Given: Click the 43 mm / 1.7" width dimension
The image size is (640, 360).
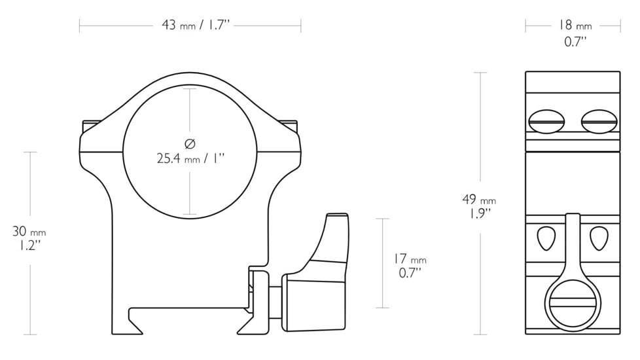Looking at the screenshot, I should point(196,26).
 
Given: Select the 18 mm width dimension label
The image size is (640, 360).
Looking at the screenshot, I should point(575,26).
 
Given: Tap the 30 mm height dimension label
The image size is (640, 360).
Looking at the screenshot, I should point(29,232).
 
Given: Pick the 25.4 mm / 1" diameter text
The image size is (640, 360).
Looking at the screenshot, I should point(190,158).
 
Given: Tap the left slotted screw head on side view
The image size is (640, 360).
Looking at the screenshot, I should point(546,121).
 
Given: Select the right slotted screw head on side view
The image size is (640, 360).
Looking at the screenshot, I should point(598,121).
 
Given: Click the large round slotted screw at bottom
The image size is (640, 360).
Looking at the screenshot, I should point(573,305).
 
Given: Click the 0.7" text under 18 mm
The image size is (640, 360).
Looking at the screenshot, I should point(575,41).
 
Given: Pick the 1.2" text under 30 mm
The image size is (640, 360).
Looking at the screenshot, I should point(29,245).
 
